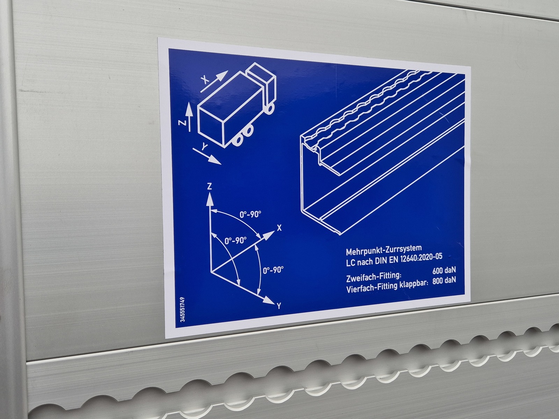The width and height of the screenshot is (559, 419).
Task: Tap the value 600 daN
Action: [444, 270]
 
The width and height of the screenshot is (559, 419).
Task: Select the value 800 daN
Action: [444, 281]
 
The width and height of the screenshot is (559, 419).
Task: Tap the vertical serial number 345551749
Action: [182, 310]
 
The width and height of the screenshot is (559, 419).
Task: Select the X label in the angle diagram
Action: [279, 228]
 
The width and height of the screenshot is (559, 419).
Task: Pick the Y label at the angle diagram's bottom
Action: [279, 306]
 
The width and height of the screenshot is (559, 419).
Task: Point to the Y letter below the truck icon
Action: [204, 147]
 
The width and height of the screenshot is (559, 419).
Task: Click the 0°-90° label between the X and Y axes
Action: [273, 270]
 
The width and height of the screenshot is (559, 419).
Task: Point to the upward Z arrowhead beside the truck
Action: [188, 108]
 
